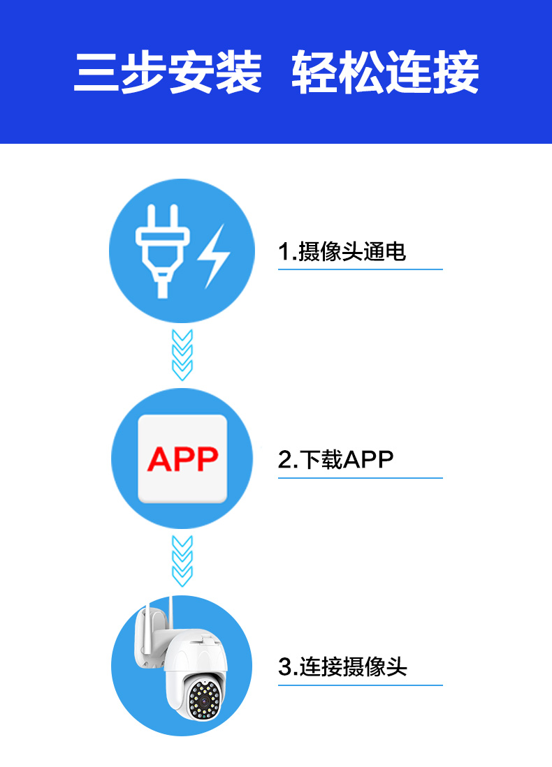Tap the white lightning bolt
(x=214, y=256)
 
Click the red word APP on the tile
(x=182, y=459)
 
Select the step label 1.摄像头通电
(x=342, y=251)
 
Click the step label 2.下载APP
(x=336, y=459)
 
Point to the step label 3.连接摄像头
(x=342, y=667)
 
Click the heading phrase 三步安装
(x=168, y=73)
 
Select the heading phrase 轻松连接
(x=385, y=73)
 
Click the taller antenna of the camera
(x=171, y=613)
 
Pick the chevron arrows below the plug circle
(x=182, y=355)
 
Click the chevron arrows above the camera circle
(x=182, y=562)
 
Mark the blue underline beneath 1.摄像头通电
(x=361, y=269)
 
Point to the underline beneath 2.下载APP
(x=361, y=478)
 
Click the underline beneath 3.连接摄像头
(x=361, y=685)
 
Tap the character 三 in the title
(x=96, y=73)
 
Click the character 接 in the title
(x=456, y=73)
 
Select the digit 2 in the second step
(x=284, y=460)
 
